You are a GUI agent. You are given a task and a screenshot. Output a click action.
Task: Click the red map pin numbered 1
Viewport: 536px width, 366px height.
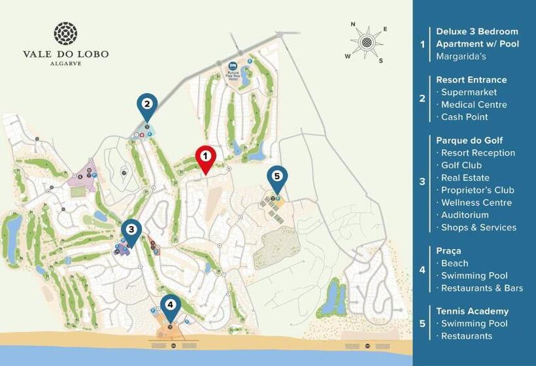(205, 158)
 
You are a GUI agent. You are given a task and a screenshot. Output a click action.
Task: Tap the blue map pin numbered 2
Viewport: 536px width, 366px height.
(147, 105)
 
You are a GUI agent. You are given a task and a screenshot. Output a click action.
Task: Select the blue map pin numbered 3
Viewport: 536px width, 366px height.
(131, 230)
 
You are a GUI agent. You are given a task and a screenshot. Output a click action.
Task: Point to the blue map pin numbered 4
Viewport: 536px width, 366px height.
(171, 305)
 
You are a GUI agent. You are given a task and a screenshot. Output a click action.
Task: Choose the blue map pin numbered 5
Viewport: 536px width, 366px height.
(277, 177)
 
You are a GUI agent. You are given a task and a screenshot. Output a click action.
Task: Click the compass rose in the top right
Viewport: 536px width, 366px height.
(367, 42)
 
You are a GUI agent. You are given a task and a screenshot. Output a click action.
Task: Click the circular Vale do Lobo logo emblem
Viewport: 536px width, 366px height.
(65, 33)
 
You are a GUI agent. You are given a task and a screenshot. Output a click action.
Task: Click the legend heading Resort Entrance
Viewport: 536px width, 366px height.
(471, 80)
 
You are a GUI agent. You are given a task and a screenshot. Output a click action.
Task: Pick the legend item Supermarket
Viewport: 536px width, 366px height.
(469, 92)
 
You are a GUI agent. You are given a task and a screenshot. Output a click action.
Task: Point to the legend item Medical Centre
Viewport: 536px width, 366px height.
(474, 105)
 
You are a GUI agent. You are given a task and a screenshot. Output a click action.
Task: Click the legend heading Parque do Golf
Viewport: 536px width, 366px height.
(469, 141)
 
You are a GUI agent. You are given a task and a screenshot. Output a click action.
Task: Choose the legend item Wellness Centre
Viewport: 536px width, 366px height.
(477, 203)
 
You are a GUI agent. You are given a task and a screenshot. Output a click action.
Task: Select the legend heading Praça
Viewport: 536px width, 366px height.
(448, 251)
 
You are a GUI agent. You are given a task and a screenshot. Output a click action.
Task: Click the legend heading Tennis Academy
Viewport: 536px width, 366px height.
(472, 312)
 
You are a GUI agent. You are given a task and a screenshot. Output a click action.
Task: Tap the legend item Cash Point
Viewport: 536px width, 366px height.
(465, 117)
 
